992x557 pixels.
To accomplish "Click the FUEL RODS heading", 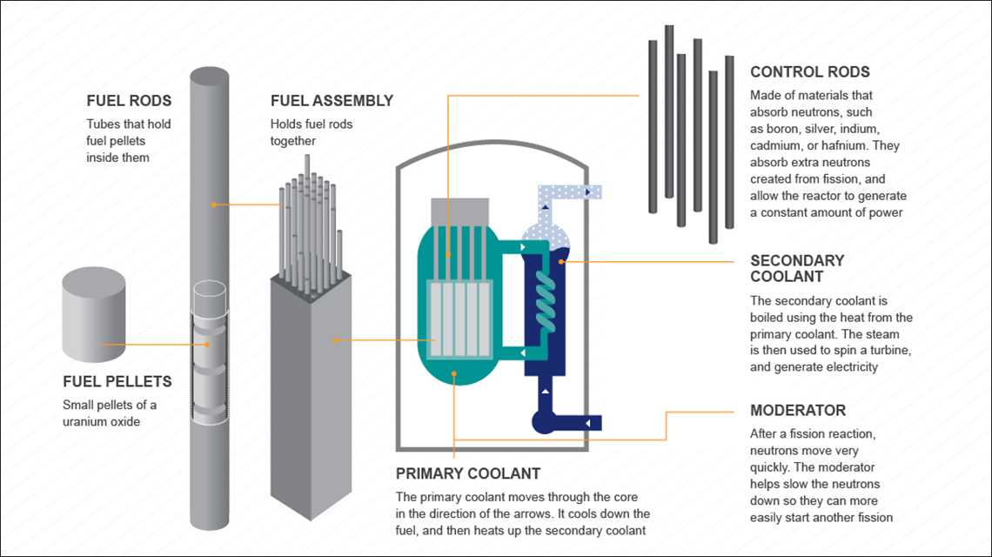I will (129, 101).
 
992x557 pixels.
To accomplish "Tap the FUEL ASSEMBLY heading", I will (332, 101).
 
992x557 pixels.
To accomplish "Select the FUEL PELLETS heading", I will (117, 382).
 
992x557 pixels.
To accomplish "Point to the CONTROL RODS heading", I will (809, 72).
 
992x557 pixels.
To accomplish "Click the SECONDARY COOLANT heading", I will (797, 268).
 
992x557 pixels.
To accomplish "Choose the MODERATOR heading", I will (797, 410).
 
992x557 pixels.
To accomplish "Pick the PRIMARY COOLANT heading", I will (468, 474).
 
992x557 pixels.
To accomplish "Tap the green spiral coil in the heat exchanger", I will (545, 296).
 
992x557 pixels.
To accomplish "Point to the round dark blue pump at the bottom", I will (545, 424).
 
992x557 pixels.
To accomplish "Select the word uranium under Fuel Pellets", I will (84, 421).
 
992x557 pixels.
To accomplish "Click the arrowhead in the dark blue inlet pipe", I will (589, 424).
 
